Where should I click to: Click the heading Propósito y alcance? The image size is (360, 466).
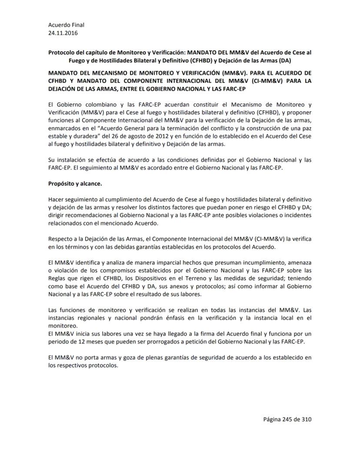pos(75,184)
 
